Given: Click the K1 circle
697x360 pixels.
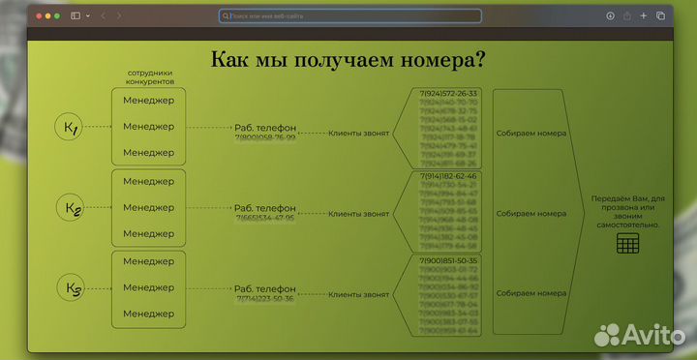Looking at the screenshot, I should (71, 127).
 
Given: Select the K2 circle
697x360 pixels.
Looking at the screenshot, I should (73, 208).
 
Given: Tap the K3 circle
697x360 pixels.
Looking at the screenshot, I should (73, 288).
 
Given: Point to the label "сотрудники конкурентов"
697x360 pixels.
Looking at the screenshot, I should (150, 78).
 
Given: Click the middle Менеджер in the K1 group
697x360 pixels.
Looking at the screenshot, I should (149, 127).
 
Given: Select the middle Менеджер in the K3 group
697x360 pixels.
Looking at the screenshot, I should (149, 288).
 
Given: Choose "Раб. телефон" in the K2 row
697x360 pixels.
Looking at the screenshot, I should (264, 208).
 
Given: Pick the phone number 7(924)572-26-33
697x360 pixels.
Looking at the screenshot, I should (448, 94).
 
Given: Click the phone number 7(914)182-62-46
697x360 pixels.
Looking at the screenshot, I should (448, 177).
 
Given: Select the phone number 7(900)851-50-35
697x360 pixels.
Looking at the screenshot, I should (448, 260).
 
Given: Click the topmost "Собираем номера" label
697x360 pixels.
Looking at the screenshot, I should (530, 134).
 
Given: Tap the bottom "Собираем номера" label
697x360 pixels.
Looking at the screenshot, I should (530, 292).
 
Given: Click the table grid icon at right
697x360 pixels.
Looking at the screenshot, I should (627, 244).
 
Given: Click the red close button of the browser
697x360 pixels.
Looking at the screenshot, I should (38, 15).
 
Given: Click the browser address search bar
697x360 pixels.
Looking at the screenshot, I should (349, 15).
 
